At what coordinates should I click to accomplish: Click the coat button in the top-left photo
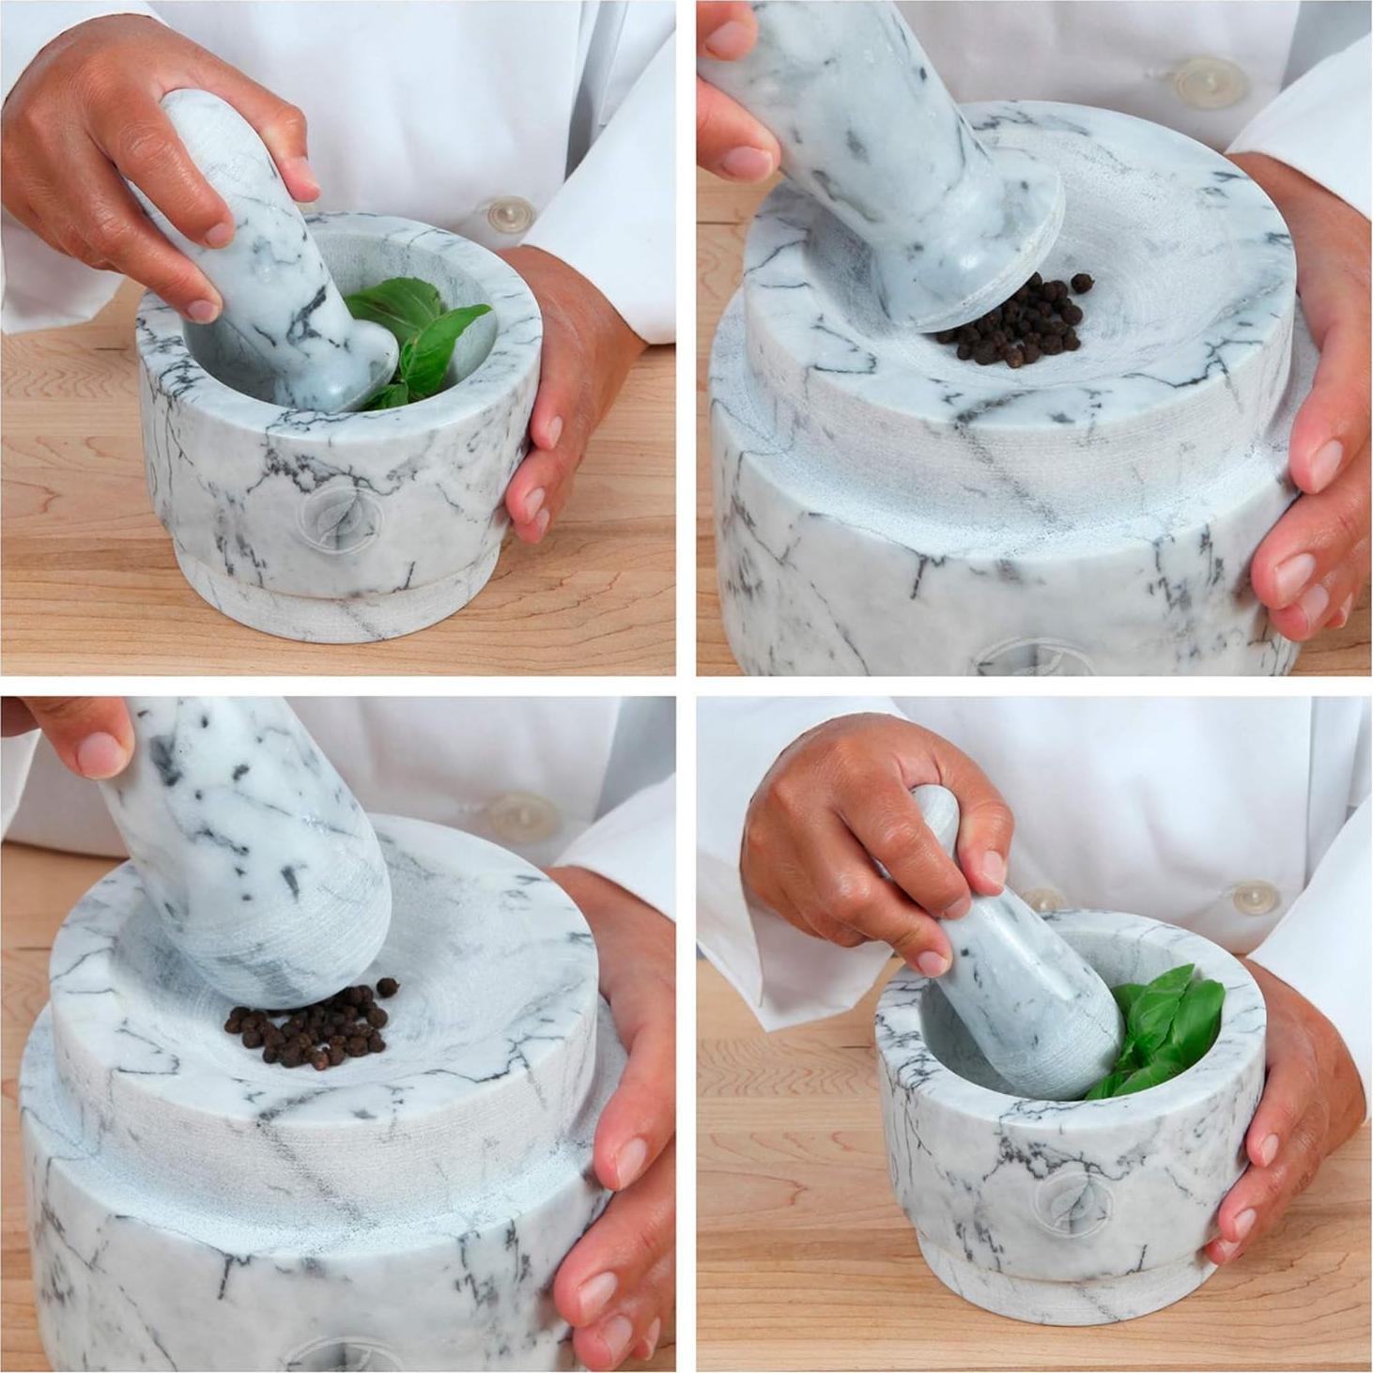[x=511, y=213]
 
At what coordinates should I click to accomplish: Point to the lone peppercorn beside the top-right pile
[x=1083, y=282]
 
